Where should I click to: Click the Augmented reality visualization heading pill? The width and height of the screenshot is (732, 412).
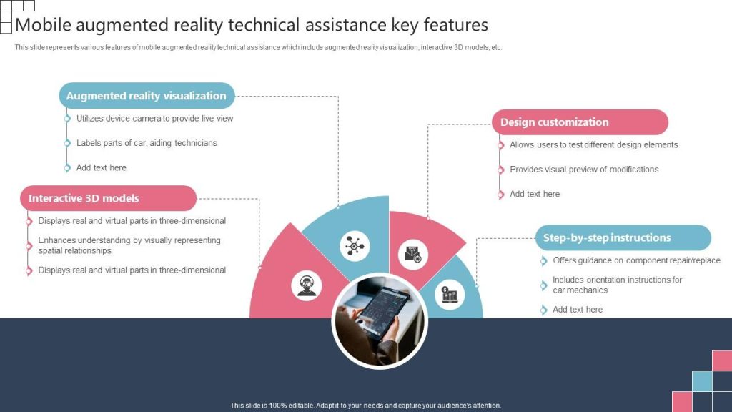coord(147,96)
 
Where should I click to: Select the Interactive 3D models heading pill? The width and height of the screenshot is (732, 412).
coord(109,198)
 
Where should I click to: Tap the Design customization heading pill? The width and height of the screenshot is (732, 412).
coord(580,122)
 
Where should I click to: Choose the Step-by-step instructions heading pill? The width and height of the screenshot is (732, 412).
coord(623,237)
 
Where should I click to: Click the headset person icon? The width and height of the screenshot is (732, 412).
coord(307,285)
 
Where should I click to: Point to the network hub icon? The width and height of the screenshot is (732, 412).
coord(355,246)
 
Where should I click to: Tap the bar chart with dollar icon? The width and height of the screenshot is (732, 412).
coord(450,294)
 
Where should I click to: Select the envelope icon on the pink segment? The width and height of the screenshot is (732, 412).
coord(413,255)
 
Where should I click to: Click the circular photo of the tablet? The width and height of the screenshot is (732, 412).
coord(380,321)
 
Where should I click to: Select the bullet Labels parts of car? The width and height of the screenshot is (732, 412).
coord(147,143)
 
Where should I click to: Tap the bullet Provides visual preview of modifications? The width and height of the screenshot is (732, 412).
coord(584,169)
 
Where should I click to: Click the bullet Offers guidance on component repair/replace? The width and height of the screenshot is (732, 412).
coord(637,260)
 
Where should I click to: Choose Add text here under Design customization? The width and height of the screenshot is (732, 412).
coord(535,194)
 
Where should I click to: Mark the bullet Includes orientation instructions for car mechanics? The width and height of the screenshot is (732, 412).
coord(617,285)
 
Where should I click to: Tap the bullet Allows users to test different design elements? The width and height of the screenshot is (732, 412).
coord(594,144)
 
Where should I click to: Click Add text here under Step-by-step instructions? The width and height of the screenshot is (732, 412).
coord(578,309)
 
